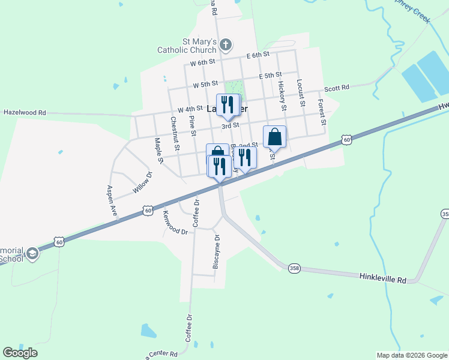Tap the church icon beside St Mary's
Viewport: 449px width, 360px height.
click(x=225, y=44)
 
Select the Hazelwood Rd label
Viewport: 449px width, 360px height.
click(x=25, y=112)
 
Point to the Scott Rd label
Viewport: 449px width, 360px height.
click(x=337, y=88)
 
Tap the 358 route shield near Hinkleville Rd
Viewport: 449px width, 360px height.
click(x=294, y=268)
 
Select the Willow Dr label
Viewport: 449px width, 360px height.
click(x=143, y=182)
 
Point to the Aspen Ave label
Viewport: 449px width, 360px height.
click(x=112, y=200)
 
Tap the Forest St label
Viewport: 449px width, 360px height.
click(x=322, y=112)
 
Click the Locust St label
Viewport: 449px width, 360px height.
click(x=301, y=94)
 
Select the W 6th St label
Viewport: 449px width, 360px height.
click(x=202, y=62)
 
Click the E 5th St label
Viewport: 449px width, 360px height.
click(x=270, y=76)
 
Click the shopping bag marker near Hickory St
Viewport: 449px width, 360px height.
click(x=274, y=137)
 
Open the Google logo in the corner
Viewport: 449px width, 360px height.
click(x=20, y=353)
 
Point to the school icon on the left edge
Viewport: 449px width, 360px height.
click(x=32, y=254)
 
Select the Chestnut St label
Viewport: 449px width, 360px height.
click(x=174, y=133)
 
